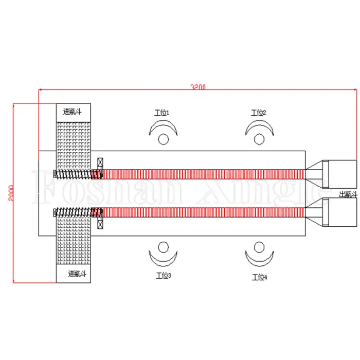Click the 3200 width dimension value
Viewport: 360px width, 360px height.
[198, 88]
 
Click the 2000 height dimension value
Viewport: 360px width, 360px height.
[11, 192]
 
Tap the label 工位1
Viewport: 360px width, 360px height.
[161, 112]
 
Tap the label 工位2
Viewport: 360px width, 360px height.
[258, 113]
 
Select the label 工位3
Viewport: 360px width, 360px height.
[163, 276]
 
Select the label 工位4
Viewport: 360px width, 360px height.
[259, 277]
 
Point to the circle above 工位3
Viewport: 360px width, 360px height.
[163, 247]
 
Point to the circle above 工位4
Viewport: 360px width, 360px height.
[259, 247]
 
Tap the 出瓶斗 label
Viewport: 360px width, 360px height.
[347, 194]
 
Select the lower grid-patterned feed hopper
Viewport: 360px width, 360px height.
[73, 242]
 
